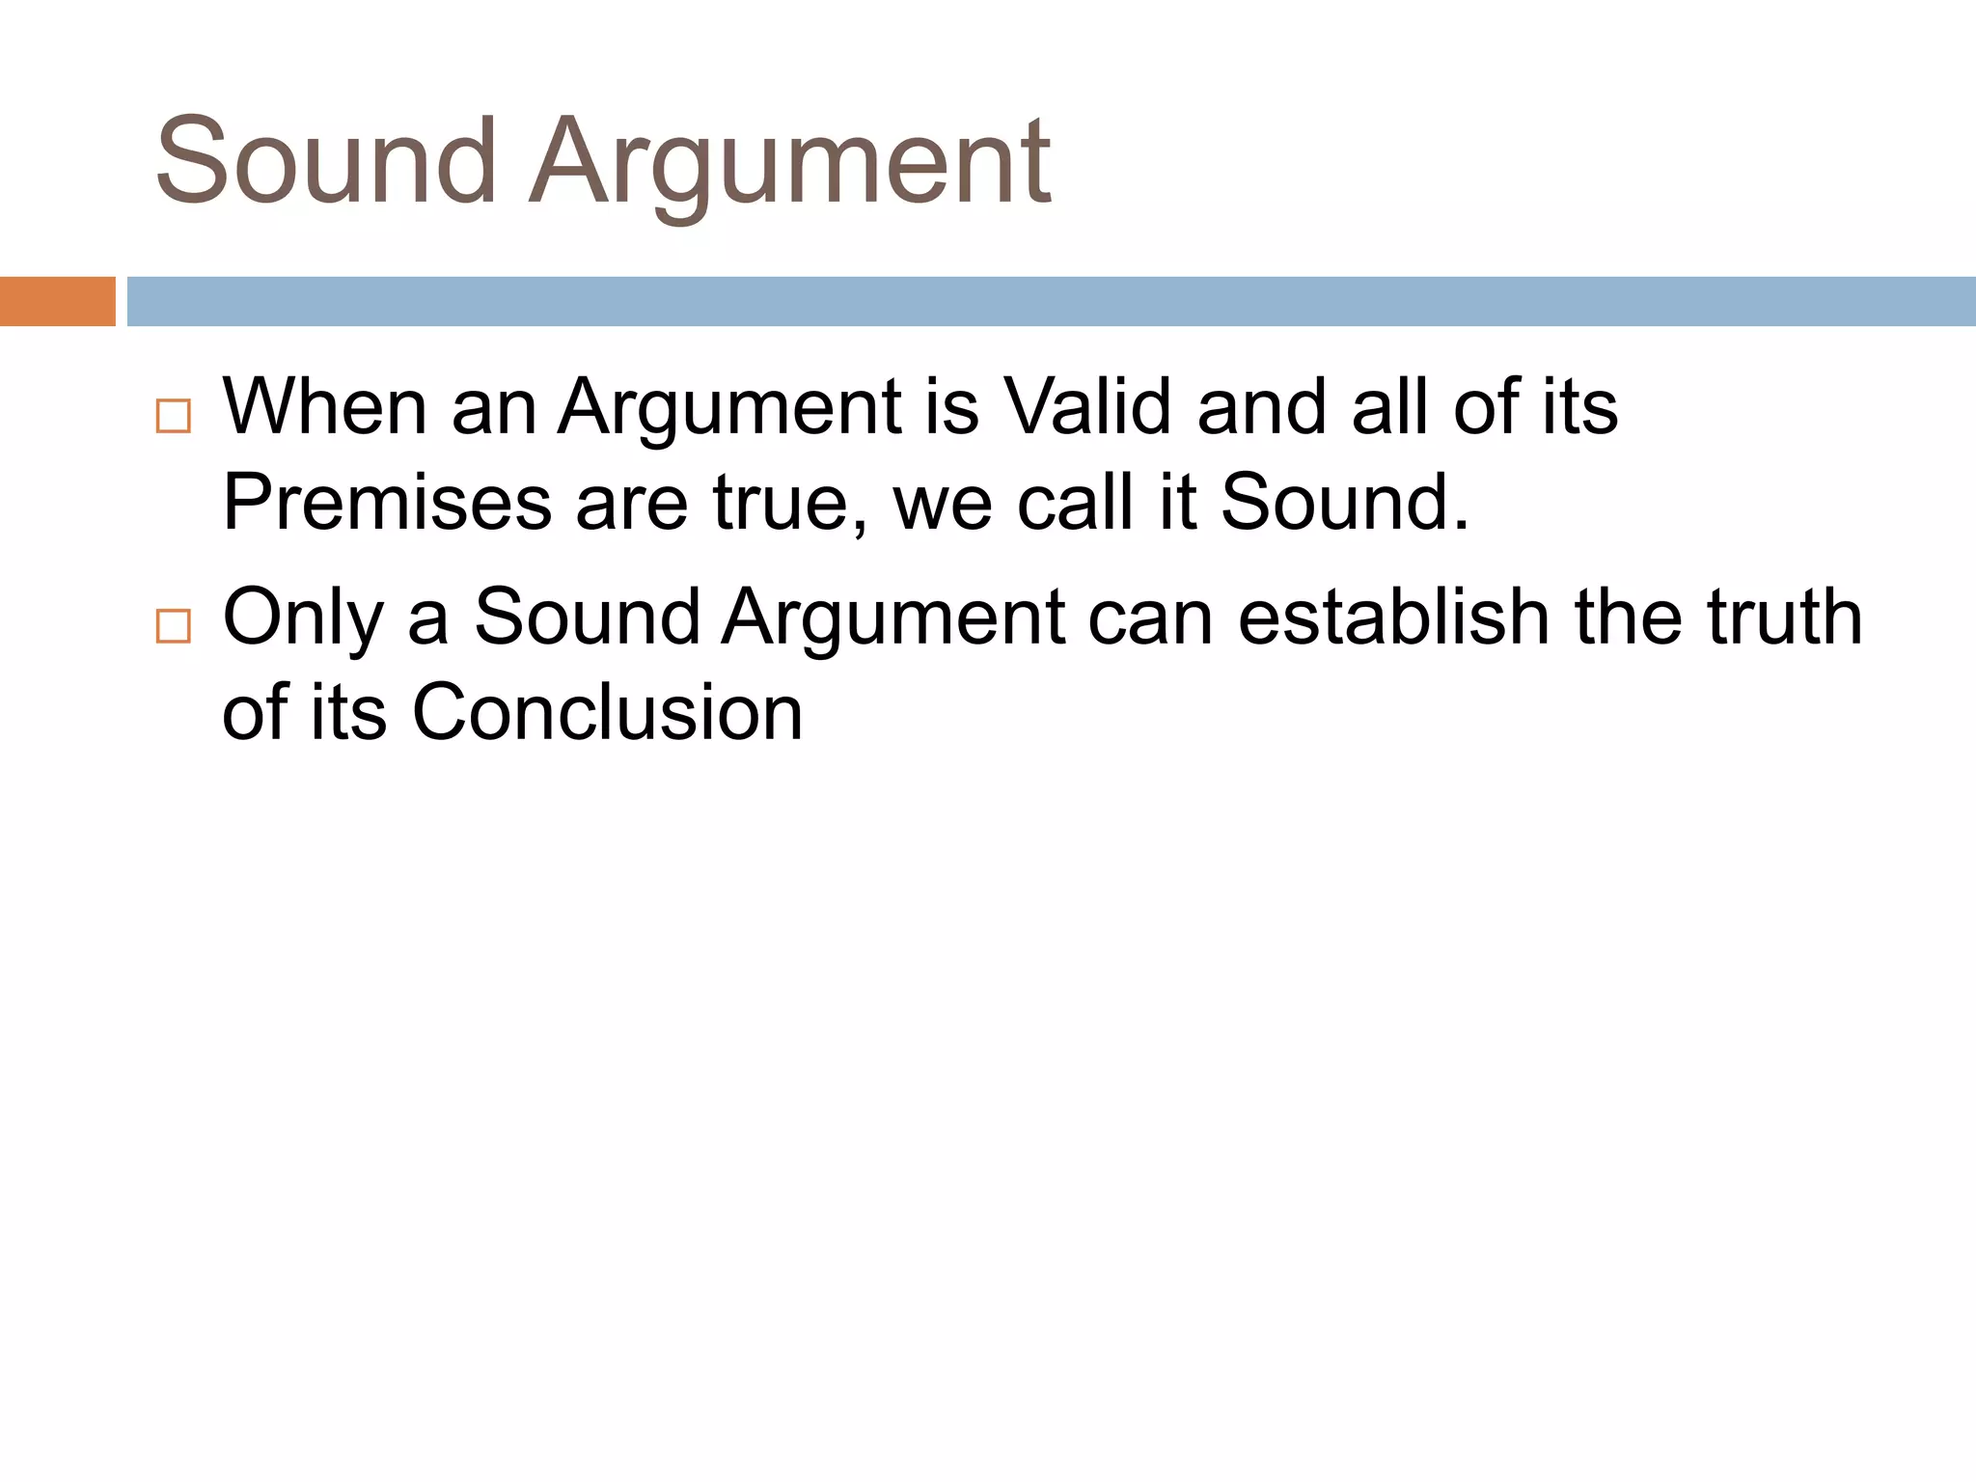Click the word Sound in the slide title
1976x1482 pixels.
point(325,161)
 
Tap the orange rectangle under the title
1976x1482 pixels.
point(57,301)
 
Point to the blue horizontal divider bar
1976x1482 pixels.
point(1051,301)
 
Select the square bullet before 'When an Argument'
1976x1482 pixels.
point(174,416)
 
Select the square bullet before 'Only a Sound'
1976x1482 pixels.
point(174,626)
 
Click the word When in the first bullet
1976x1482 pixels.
point(325,407)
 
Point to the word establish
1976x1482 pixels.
point(1393,617)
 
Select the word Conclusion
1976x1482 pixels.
point(608,713)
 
